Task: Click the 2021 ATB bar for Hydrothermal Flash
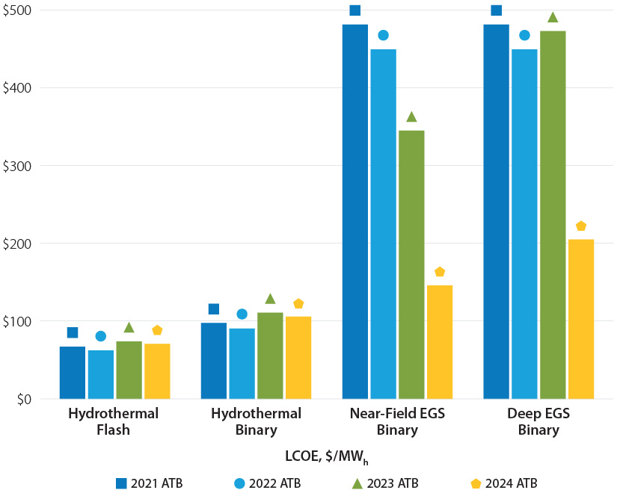point(73,373)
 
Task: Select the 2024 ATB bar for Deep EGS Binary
point(581,319)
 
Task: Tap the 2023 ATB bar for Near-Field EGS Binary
point(411,264)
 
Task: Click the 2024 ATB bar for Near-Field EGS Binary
point(440,342)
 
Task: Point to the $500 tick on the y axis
point(21,10)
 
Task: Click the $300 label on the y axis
point(21,166)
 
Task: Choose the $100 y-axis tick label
point(21,322)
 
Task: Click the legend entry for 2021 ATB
point(150,483)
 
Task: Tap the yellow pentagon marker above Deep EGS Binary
point(581,226)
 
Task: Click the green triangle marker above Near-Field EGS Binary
point(411,117)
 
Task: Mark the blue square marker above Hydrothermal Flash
point(73,332)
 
